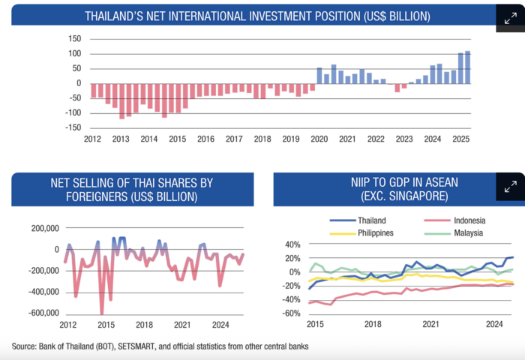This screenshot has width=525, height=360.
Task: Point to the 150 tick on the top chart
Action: pyautogui.click(x=74, y=39)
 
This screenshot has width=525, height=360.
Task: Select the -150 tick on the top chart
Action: pyautogui.click(x=72, y=127)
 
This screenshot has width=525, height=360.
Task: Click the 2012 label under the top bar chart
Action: pyautogui.click(x=92, y=139)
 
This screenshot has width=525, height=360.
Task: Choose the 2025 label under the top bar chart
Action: pyautogui.click(x=460, y=139)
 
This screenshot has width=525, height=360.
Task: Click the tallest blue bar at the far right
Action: pyautogui.click(x=467, y=67)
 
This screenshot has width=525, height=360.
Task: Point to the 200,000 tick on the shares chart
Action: pyautogui.click(x=43, y=229)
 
